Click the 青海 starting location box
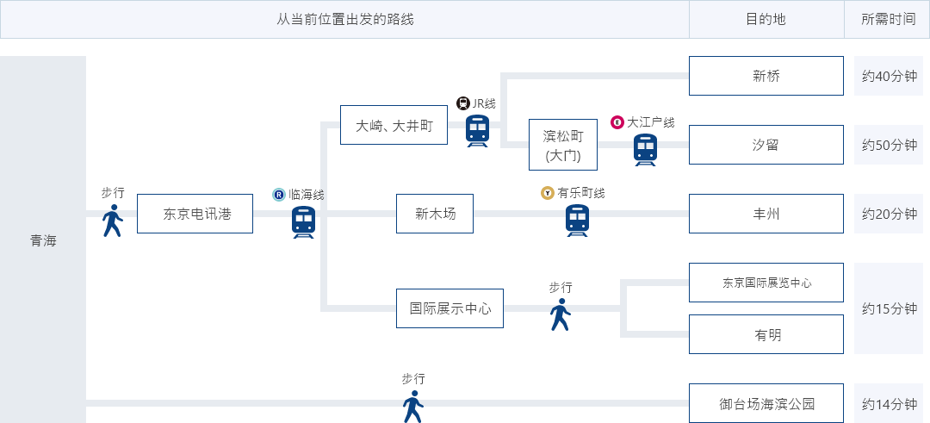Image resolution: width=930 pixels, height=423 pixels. [43, 239]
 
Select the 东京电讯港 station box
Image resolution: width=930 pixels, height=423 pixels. [195, 214]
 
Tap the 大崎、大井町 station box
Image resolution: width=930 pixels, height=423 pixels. [394, 125]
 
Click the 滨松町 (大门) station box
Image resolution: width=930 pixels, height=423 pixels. [562, 145]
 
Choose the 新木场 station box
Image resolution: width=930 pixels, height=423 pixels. [435, 214]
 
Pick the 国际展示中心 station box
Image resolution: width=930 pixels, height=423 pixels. [449, 308]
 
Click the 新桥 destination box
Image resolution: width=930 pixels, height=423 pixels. [766, 76]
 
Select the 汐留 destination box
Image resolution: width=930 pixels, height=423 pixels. [766, 145]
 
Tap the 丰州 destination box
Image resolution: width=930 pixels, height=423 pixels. [766, 214]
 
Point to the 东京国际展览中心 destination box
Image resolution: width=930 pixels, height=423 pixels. [766, 283]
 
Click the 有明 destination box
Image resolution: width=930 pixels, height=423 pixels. [766, 334]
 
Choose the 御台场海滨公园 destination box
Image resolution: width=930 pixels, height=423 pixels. [766, 403]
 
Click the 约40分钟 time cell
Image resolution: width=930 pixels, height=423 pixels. [890, 76]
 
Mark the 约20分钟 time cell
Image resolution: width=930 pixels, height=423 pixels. [890, 214]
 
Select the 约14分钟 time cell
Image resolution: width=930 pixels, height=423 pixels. [890, 403]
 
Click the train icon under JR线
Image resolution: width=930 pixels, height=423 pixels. [478, 131]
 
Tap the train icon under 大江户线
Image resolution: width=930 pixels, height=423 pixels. [645, 150]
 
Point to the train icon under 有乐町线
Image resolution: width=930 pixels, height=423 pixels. [577, 221]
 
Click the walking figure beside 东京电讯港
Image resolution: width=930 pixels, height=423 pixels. [112, 221]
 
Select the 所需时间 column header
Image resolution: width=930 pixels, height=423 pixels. [890, 19]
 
